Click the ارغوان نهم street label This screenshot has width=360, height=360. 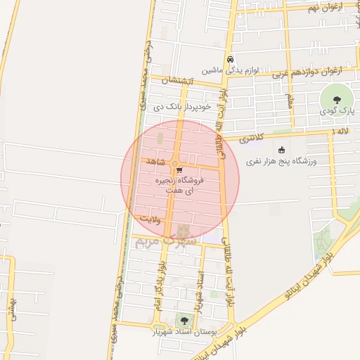point(324,8)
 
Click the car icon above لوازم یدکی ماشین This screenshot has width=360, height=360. point(230,59)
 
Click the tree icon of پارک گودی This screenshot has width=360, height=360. point(335,97)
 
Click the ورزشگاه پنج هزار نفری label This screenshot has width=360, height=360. point(281,162)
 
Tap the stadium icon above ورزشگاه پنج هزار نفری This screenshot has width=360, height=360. point(282,150)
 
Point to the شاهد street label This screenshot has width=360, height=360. point(155,162)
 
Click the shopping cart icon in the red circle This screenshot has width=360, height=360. point(180,169)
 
